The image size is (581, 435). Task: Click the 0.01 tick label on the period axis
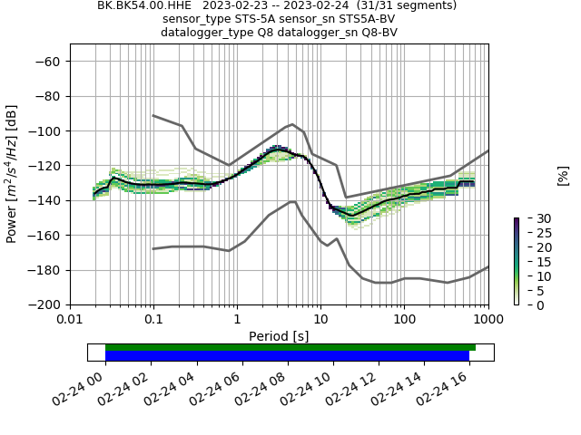pos(70,320)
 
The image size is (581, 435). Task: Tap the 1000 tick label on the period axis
pos(487,320)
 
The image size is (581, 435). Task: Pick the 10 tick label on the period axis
pos(320,320)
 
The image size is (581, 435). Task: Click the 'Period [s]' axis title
pos(279,336)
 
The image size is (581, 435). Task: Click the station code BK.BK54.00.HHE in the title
pos(144,5)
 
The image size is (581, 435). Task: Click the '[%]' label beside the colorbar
pos(563,177)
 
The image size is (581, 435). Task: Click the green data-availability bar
pos(290,347)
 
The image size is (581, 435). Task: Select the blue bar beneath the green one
pos(287,356)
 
